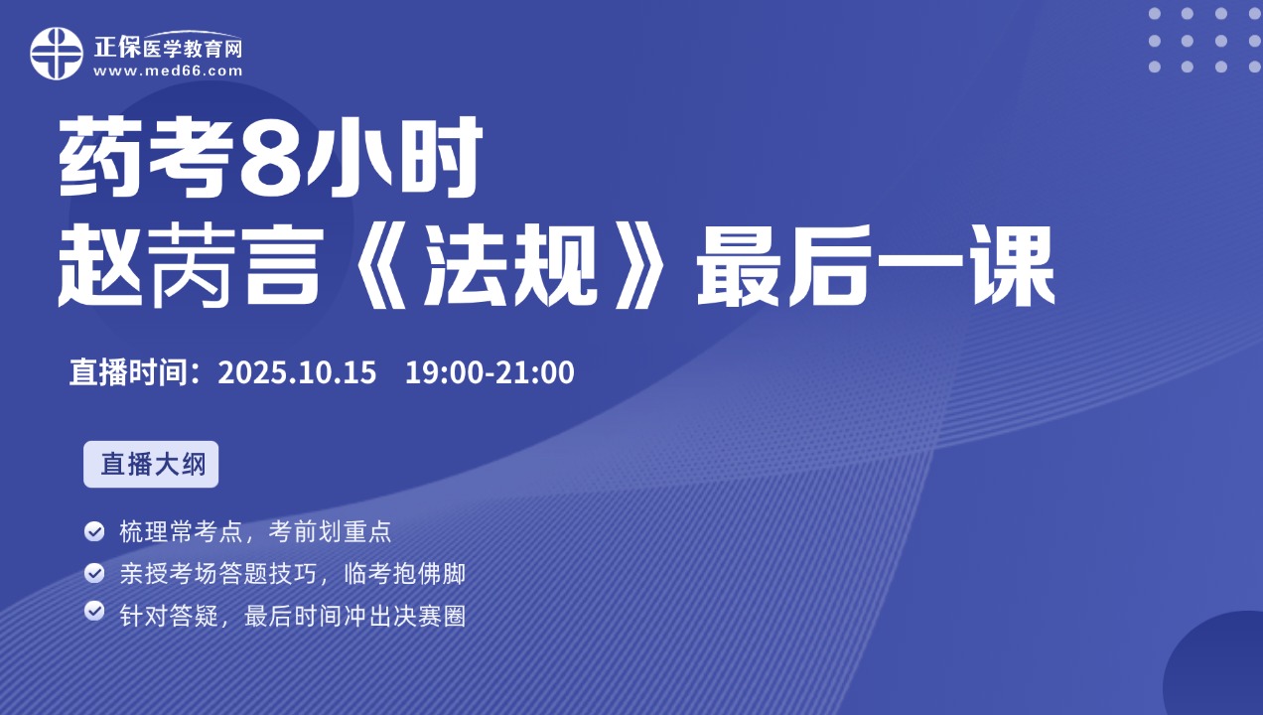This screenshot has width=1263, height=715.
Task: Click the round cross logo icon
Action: pyautogui.click(x=57, y=54)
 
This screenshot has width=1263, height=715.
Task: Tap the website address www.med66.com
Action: pyautogui.click(x=168, y=71)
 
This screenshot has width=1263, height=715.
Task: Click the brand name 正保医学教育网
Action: pyautogui.click(x=168, y=48)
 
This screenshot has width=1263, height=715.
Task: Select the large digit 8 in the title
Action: pyautogui.click(x=270, y=157)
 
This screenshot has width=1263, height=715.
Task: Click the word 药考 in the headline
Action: pyautogui.click(x=146, y=157)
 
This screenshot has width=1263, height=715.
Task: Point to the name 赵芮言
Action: pyautogui.click(x=192, y=265)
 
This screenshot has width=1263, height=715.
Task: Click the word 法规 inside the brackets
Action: pyautogui.click(x=510, y=265)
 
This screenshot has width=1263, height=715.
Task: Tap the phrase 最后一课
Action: pyautogui.click(x=876, y=265)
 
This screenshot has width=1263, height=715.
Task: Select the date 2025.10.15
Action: pyautogui.click(x=297, y=372)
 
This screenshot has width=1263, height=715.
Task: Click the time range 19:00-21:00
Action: pyautogui.click(x=490, y=372)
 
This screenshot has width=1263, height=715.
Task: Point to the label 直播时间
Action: pyautogui.click(x=128, y=372)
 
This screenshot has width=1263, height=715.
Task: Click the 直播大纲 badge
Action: pyautogui.click(x=151, y=464)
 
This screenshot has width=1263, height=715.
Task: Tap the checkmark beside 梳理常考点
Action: pyautogui.click(x=94, y=531)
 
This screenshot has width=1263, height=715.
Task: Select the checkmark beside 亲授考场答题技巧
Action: pyautogui.click(x=94, y=573)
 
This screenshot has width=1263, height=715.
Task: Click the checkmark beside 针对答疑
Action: pyautogui.click(x=94, y=611)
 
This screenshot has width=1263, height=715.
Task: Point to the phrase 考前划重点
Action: pyautogui.click(x=330, y=531)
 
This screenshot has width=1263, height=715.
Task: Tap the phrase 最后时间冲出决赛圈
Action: pyautogui.click(x=354, y=617)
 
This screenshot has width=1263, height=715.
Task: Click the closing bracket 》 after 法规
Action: pyautogui.click(x=642, y=265)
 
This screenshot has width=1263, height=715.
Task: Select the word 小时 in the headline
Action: pyautogui.click(x=393, y=157)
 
